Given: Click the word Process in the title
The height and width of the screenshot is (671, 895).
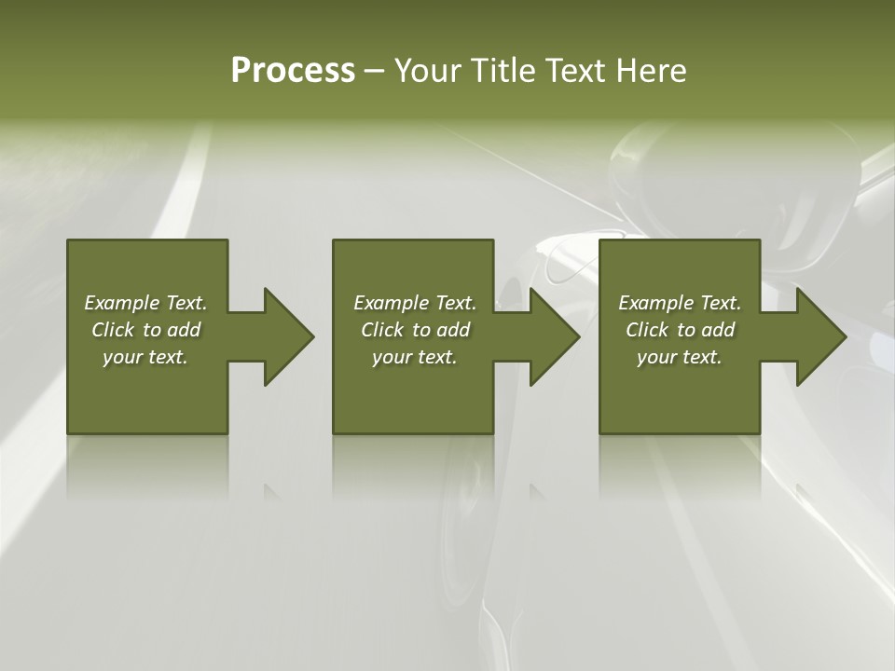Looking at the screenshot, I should (x=293, y=71).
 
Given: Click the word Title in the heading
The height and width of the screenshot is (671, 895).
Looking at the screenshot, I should (x=501, y=71).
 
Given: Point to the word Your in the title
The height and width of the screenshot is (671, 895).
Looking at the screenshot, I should (x=426, y=71).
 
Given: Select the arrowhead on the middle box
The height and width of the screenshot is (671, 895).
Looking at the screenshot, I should (x=552, y=336).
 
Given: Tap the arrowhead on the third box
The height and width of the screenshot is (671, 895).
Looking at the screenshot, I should (x=819, y=336).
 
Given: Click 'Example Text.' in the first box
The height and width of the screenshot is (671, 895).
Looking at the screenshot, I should (x=145, y=303).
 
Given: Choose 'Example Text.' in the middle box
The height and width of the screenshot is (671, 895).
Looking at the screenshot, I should (x=415, y=303).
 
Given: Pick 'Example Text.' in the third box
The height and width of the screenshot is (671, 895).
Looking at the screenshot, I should (x=680, y=303).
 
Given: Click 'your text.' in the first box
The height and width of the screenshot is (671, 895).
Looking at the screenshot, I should (x=145, y=357).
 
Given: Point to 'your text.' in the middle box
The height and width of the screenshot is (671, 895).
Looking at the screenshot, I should (x=415, y=357).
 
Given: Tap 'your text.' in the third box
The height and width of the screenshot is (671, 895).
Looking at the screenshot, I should (x=680, y=357).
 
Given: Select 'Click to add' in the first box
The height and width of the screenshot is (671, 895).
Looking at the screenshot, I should (x=145, y=330).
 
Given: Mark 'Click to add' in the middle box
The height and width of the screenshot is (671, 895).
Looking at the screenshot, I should (x=415, y=330).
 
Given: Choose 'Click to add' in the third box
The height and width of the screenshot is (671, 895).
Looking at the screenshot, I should (x=680, y=330).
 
